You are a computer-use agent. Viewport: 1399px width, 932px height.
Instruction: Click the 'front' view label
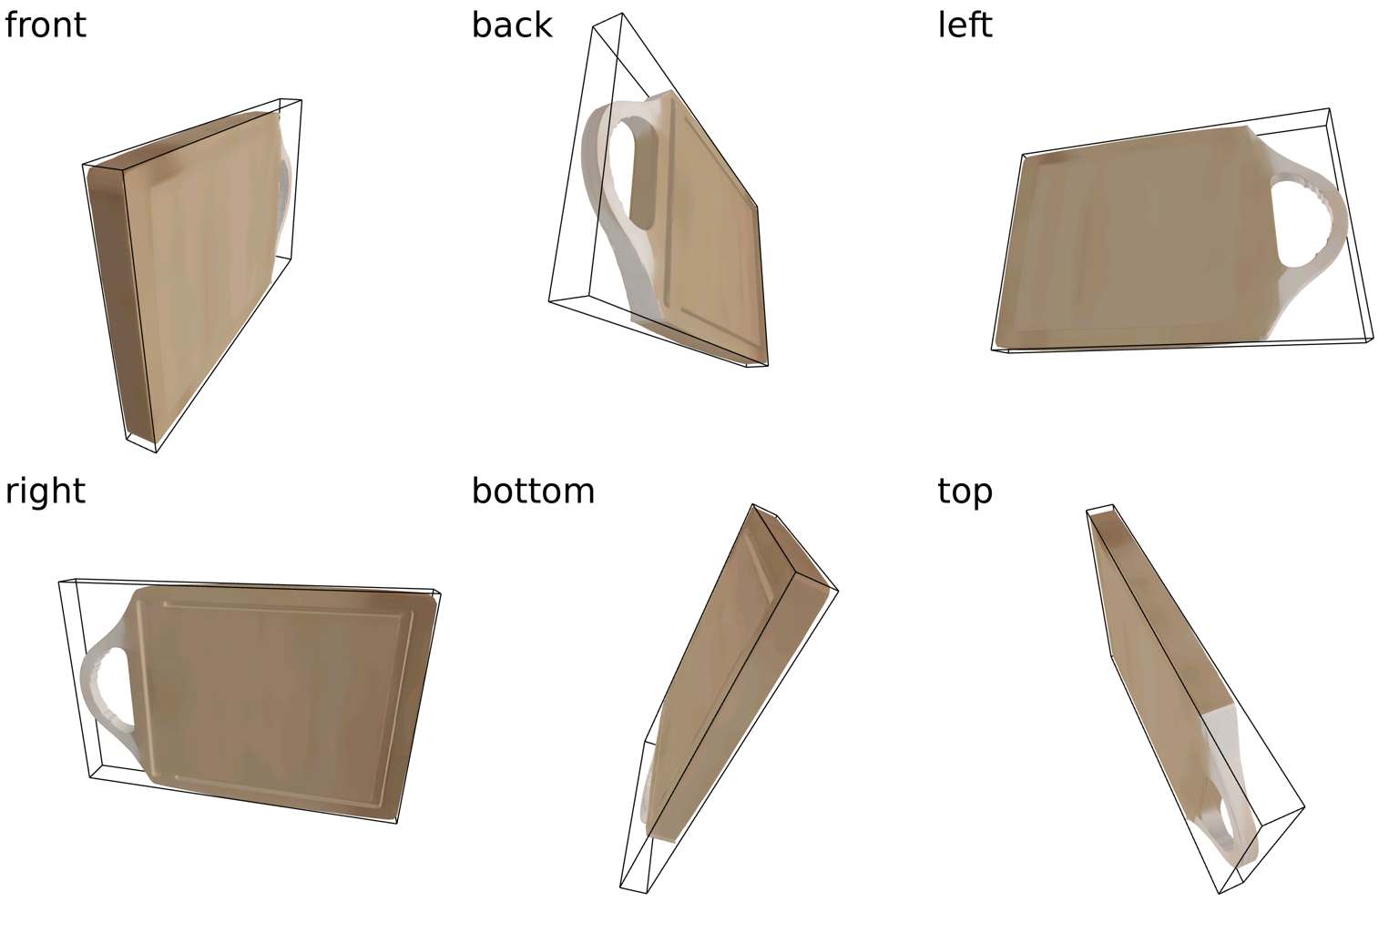pyautogui.click(x=45, y=25)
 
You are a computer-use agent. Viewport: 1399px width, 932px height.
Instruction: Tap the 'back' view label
pyautogui.click(x=512, y=25)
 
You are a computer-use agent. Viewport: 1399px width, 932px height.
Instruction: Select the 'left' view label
pyautogui.click(x=965, y=25)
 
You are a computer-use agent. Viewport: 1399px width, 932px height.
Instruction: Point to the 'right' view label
pyautogui.click(x=45, y=491)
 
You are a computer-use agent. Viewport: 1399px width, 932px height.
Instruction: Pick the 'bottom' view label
pyautogui.click(x=533, y=491)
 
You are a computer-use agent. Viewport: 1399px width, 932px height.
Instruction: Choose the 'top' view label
pyautogui.click(x=965, y=492)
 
